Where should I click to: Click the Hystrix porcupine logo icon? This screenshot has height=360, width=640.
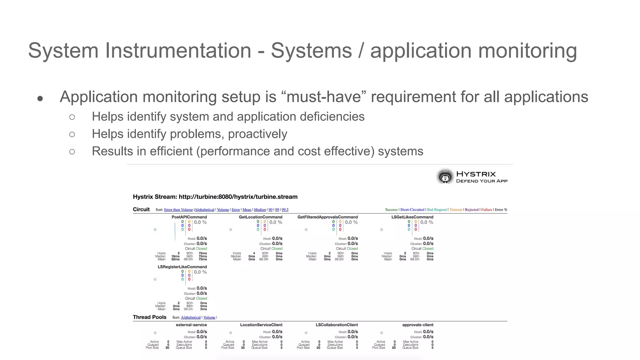(445, 177)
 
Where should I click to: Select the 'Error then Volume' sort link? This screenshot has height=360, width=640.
(178, 210)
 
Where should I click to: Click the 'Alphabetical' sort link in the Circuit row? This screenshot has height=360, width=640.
(204, 210)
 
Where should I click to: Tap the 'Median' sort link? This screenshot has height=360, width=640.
(260, 210)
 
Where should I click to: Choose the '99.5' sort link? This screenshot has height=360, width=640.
(285, 210)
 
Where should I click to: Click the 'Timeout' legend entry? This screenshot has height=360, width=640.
(456, 210)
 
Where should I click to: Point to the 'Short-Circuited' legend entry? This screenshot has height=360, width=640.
(412, 210)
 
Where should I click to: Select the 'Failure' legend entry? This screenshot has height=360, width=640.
(487, 210)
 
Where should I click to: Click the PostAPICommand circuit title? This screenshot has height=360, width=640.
(189, 217)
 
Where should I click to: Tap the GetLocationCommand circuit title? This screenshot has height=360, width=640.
(260, 217)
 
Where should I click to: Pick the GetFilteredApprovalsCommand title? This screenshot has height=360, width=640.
(327, 217)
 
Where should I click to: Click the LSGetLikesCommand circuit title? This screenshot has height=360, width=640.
(412, 217)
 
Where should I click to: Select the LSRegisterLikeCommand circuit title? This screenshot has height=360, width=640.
(182, 267)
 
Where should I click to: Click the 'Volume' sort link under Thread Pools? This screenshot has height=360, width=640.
(209, 317)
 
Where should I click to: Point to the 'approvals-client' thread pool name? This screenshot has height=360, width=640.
(417, 325)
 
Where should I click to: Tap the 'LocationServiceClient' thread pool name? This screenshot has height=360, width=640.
(261, 325)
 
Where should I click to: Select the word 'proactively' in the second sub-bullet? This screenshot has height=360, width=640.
(257, 134)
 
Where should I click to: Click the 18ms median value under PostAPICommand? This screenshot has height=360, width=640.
(175, 256)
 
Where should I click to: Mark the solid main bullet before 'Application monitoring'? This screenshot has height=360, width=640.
(40, 99)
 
